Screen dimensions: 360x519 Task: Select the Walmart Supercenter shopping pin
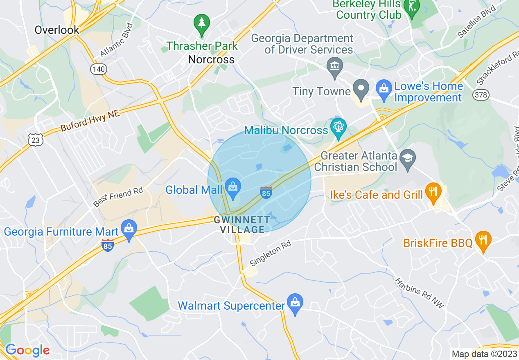[x=295, y=303]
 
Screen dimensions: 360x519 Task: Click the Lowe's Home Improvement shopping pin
[x=384, y=90]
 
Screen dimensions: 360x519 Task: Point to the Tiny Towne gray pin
[x=361, y=90]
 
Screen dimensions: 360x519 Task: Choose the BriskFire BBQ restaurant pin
[x=483, y=241]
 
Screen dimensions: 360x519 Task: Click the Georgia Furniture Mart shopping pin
[x=129, y=230]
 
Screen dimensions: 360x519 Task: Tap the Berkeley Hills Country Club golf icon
[x=411, y=8]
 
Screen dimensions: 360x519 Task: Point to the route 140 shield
[x=99, y=69]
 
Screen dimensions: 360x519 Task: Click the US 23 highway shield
[x=36, y=140]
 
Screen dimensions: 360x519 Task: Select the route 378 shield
[x=480, y=95]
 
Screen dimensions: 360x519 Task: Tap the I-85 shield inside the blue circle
[x=266, y=192]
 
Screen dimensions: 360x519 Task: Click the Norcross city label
[x=211, y=59]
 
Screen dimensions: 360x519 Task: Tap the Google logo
[x=27, y=350]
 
